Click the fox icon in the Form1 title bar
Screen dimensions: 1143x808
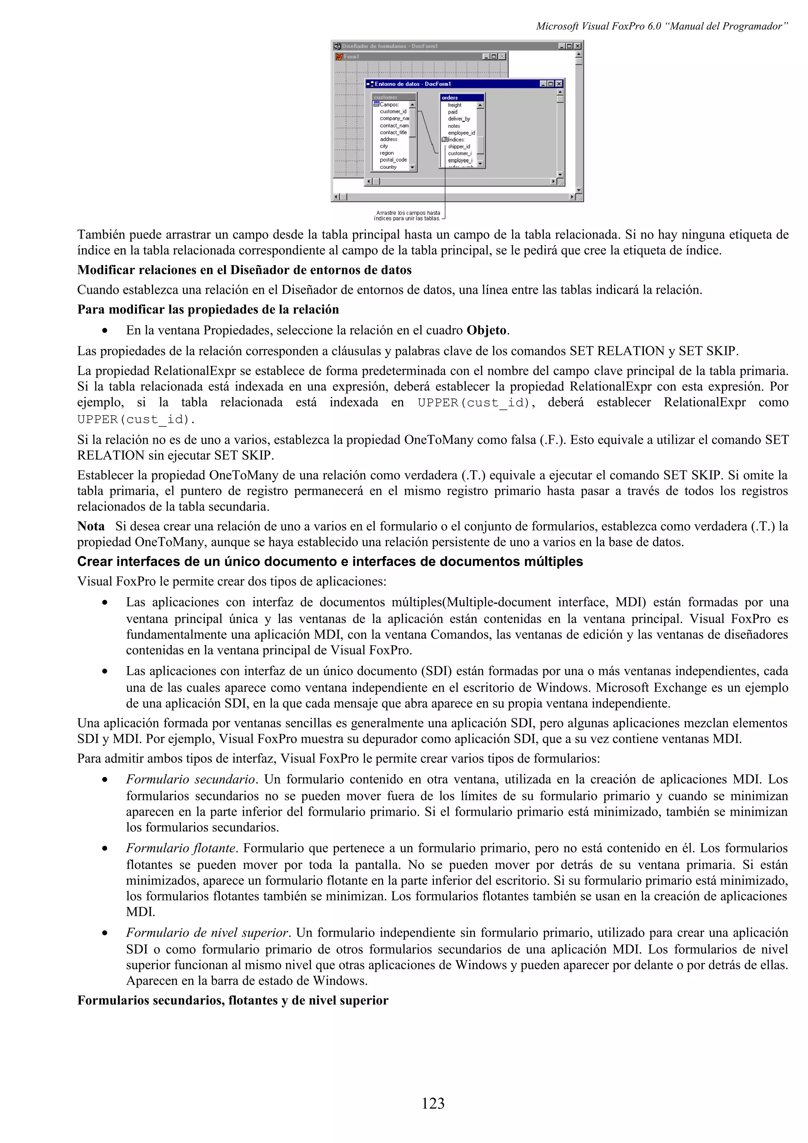(339, 57)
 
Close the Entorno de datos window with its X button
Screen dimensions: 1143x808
(559, 84)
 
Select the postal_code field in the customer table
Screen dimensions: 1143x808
(393, 160)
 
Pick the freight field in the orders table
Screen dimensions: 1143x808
(454, 105)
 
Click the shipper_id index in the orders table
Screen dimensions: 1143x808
(458, 146)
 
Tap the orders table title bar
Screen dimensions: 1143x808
(462, 97)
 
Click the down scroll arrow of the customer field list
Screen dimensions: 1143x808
(412, 168)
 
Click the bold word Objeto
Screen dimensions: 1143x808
(486, 330)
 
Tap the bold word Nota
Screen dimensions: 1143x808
(91, 526)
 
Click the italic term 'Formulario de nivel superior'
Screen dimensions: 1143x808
(207, 932)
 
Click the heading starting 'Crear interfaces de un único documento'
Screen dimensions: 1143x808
(329, 562)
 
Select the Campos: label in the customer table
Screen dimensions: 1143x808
(389, 105)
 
